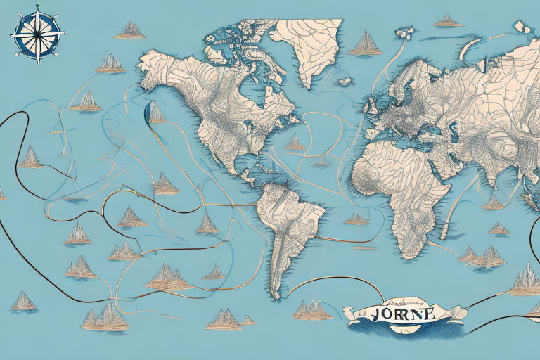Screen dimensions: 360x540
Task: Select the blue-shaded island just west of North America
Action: pyautogui.click(x=156, y=112)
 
